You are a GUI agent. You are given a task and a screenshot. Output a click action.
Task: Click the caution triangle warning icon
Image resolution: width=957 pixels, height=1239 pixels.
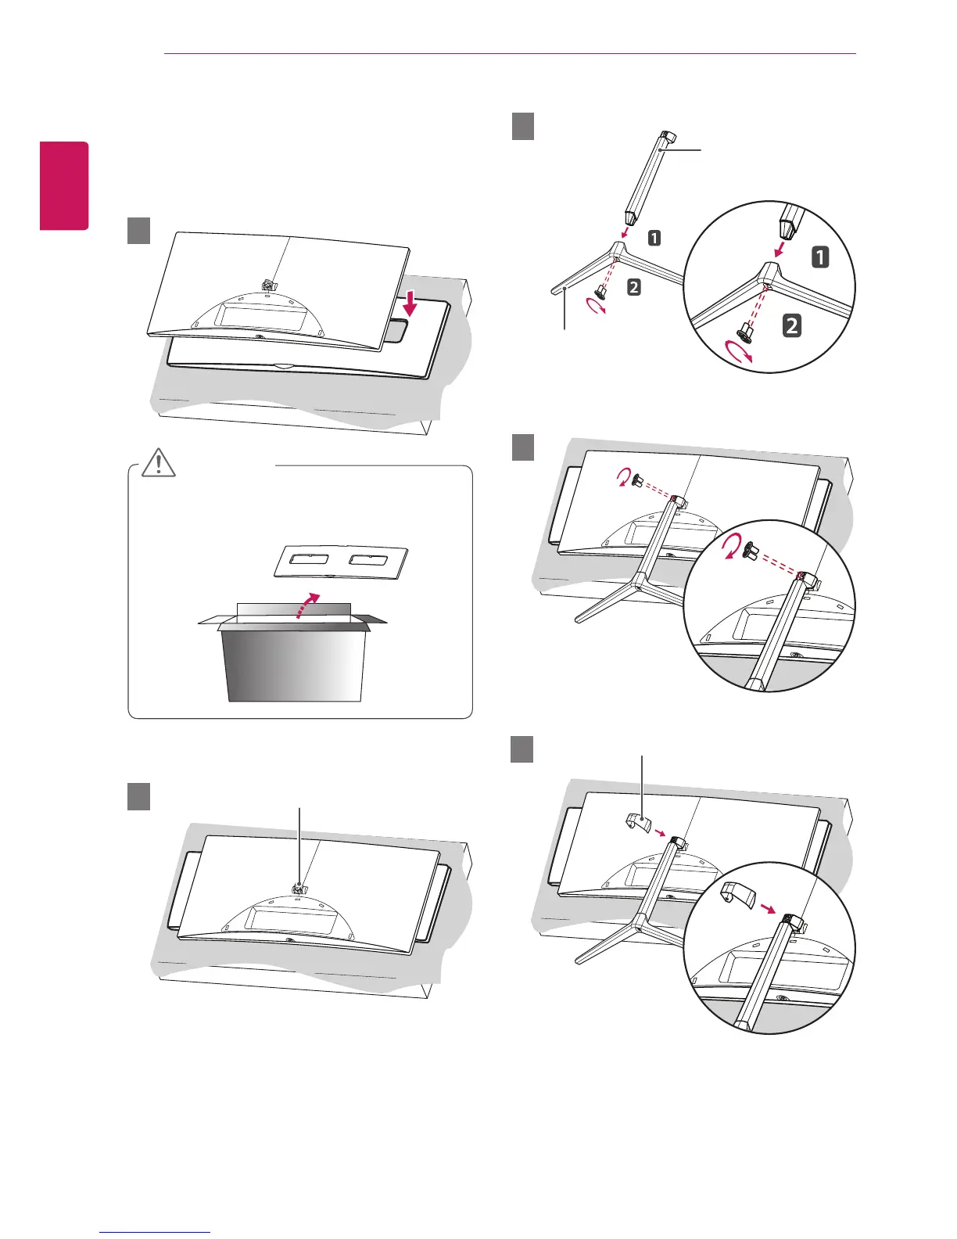[x=159, y=463]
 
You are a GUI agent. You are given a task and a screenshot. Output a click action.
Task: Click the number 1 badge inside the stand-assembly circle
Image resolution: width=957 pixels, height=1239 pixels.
[x=820, y=257]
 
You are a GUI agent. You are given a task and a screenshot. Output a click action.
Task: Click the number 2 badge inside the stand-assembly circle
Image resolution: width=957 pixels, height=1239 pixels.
[x=792, y=325]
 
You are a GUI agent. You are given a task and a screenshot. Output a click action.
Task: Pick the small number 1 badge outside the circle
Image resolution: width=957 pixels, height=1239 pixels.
[x=654, y=237]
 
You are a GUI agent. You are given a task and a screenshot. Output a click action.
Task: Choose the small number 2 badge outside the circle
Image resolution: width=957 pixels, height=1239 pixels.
[x=633, y=287]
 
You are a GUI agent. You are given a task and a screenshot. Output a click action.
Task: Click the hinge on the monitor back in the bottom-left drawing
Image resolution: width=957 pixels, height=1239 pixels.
[x=299, y=889]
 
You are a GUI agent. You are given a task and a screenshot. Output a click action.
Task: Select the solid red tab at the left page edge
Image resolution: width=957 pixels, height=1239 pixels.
[x=66, y=185]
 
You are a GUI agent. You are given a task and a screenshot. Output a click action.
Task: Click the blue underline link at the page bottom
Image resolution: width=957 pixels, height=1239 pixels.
[x=155, y=1234]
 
